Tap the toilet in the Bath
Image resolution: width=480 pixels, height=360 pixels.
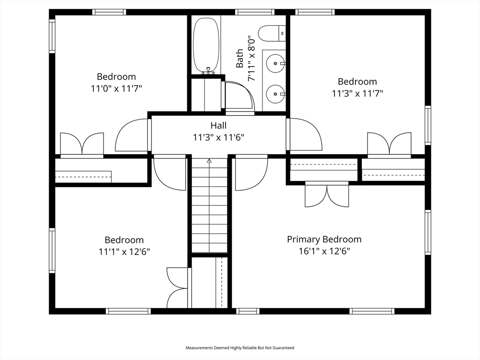(x=272, y=33)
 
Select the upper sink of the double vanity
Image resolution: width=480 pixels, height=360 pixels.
(x=276, y=63)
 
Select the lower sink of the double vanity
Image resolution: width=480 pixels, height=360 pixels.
(x=276, y=94)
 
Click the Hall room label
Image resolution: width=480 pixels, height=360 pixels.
(x=218, y=126)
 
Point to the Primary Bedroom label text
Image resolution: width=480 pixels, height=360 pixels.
(x=324, y=240)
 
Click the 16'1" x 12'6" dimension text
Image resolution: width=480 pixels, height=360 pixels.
(x=324, y=251)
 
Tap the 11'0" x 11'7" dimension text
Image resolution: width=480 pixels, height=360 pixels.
(x=116, y=89)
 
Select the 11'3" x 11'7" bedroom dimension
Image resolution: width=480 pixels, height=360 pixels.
(x=358, y=93)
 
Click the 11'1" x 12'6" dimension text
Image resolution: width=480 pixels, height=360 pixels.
(x=124, y=252)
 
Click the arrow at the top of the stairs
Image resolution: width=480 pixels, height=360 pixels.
(x=210, y=160)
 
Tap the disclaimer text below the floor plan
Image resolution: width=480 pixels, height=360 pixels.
(x=240, y=348)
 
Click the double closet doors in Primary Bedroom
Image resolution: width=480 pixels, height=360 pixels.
(x=327, y=195)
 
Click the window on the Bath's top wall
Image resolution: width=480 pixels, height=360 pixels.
(x=255, y=12)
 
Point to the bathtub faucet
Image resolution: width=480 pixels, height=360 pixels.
(x=209, y=71)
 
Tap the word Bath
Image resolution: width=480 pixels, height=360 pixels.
(x=240, y=59)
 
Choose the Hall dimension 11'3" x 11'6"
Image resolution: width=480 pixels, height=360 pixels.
(x=218, y=137)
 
